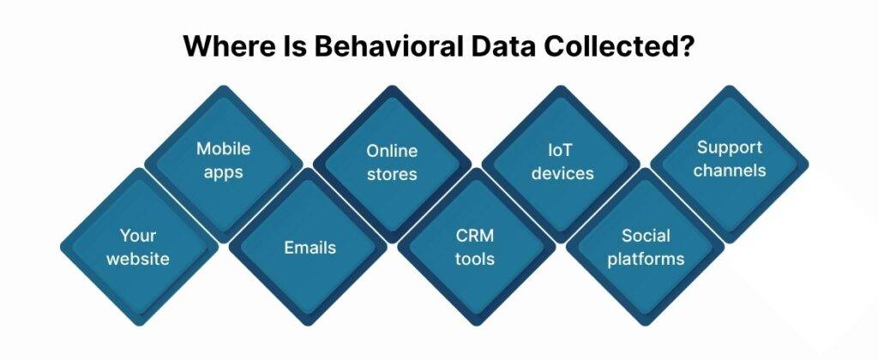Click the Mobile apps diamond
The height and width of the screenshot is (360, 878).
coord(224,160)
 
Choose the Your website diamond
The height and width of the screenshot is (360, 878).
coord(139,247)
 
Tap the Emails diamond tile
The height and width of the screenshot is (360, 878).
coord(309,248)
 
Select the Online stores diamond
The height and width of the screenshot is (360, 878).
coord(392,162)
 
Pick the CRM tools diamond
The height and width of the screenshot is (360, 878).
coord(477,247)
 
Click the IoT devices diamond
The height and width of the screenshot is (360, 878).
coord(561,162)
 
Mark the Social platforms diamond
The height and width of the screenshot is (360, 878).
coord(646,247)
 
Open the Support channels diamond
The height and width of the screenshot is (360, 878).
coord(730,159)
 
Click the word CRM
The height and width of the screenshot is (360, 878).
coord(476,236)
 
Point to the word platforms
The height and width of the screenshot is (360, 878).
coord(646,258)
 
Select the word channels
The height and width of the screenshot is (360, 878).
coord(730,170)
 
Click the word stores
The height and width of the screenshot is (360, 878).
coord(392,174)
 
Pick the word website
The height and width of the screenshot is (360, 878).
coord(139,258)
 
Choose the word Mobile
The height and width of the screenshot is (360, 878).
coord(224,148)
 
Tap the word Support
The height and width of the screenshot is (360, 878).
coord(730,147)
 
